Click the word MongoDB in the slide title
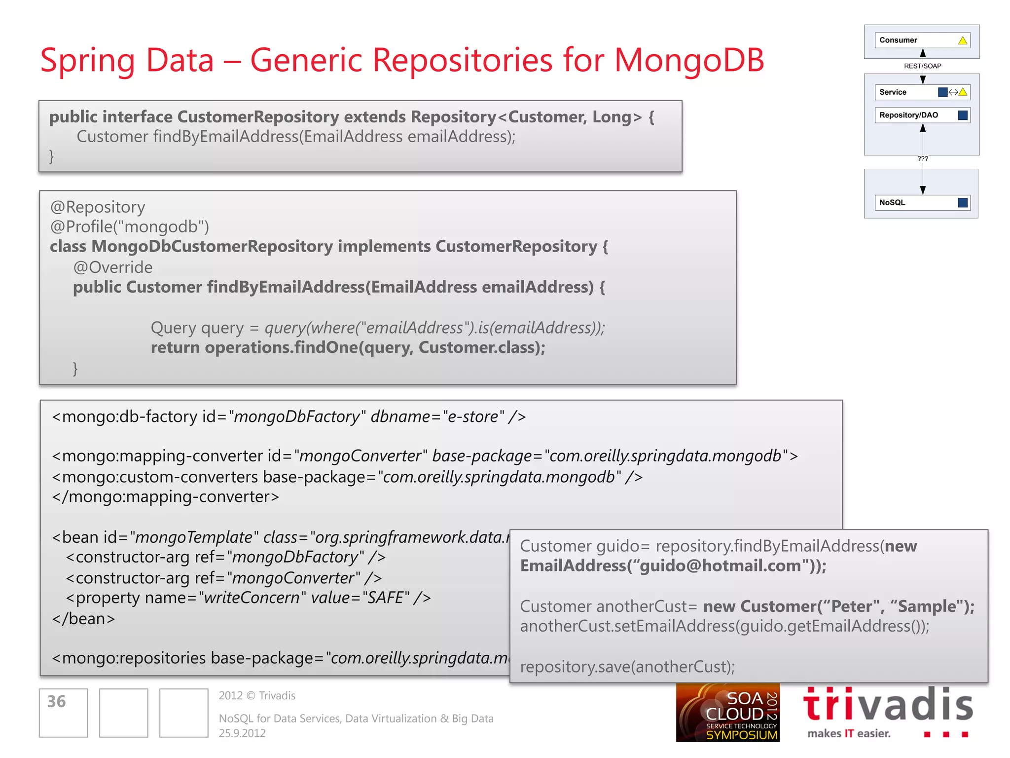click(x=689, y=60)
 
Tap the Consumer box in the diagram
click(x=922, y=40)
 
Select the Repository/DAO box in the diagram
click(x=922, y=115)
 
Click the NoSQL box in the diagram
click(x=922, y=203)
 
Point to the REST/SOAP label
click(x=922, y=66)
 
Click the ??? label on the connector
click(x=923, y=159)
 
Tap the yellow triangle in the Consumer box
click(x=962, y=40)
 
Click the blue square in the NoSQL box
click(x=962, y=203)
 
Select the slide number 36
click(x=57, y=702)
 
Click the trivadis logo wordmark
click(x=888, y=705)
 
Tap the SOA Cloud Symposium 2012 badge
click(x=727, y=713)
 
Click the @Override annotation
click(x=113, y=267)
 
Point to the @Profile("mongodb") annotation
click(x=130, y=227)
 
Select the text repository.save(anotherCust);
click(x=627, y=667)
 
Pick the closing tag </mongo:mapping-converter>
click(x=166, y=497)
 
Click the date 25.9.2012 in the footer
click(x=242, y=733)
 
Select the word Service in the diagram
click(x=893, y=92)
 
